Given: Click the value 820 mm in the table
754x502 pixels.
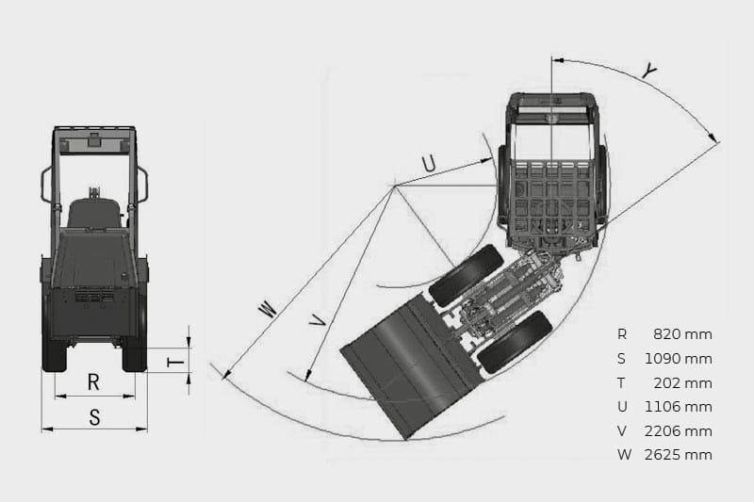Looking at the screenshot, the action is (682, 333).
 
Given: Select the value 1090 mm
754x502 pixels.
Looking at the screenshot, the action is (678, 358).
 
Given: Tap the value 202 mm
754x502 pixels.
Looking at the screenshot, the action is (682, 383).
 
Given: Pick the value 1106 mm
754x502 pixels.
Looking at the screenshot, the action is (678, 407).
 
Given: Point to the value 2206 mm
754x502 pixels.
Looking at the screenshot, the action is (678, 431).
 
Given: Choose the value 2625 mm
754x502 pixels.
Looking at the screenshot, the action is (678, 455).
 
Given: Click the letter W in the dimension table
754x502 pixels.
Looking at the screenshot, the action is (624, 455).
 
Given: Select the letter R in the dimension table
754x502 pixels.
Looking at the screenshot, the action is (622, 333).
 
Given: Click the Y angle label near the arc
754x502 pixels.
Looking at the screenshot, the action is (649, 71).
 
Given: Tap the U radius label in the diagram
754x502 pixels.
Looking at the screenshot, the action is (429, 164).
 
